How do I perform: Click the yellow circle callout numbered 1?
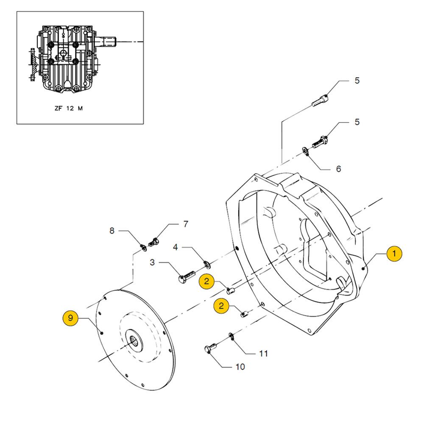(394, 254)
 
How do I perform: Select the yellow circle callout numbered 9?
(70, 318)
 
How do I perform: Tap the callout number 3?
(152, 263)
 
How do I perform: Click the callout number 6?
(338, 169)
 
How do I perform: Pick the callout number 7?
(185, 224)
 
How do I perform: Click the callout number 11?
(264, 353)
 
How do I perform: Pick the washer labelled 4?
(206, 265)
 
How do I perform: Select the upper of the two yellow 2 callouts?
(206, 281)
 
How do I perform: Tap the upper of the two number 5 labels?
(357, 81)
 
